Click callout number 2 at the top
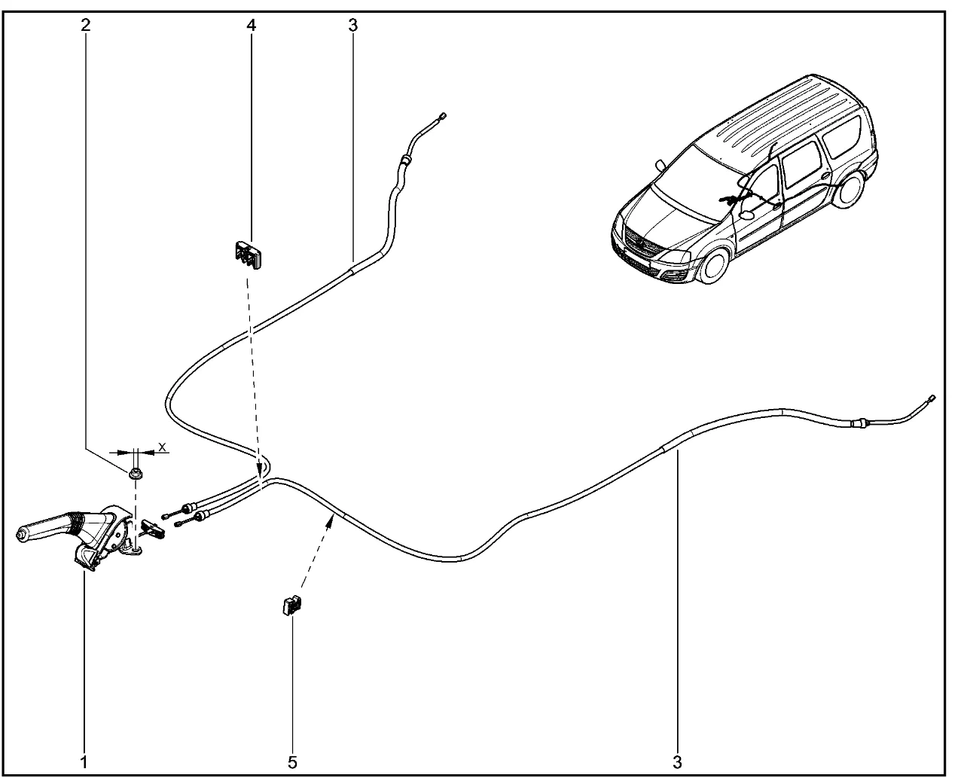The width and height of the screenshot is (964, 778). point(86,25)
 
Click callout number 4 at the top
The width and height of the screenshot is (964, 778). point(252,25)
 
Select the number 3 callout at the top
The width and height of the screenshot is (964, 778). point(353,25)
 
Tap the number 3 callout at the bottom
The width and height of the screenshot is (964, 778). point(677,762)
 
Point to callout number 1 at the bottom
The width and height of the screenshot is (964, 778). point(84,762)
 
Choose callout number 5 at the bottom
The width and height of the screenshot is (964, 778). point(292,762)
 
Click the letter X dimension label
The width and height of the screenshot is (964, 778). point(162,447)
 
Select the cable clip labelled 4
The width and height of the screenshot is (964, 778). point(249,255)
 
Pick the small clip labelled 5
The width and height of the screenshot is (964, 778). point(292,605)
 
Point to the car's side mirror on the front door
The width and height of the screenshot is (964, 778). point(747,214)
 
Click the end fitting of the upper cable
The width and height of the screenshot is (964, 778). point(442,116)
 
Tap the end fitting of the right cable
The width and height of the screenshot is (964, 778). point(931,398)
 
